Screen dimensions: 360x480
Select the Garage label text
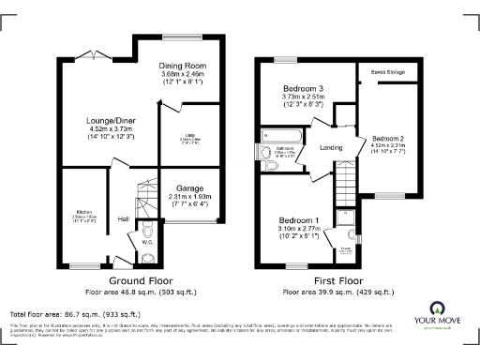click(x=190, y=187)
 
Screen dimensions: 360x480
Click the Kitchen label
click(x=84, y=213)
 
